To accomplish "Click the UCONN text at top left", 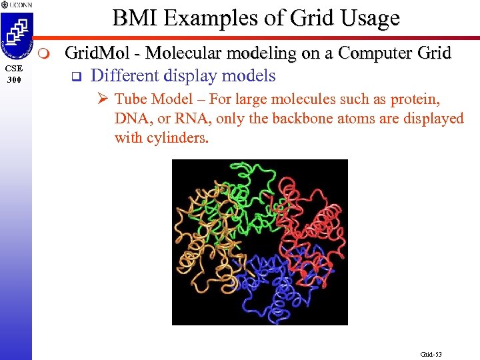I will (20, 5).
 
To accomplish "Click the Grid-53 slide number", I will (431, 354).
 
